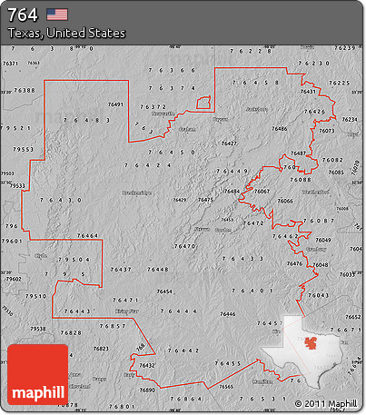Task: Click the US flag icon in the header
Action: click(x=58, y=15)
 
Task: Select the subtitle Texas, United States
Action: click(x=66, y=33)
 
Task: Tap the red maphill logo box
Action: click(x=37, y=374)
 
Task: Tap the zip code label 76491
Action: click(x=116, y=105)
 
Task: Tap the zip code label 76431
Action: click(x=308, y=92)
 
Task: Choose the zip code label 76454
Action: click(x=165, y=291)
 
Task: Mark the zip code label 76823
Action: click(x=101, y=349)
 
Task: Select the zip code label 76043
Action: click(x=318, y=296)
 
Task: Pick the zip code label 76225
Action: click(x=339, y=83)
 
